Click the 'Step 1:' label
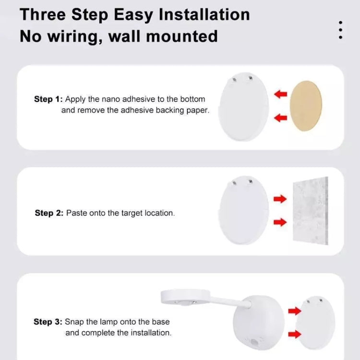point(48,99)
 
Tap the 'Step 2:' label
point(48,213)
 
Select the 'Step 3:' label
point(48,322)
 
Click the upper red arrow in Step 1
point(280,95)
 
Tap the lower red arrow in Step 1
point(280,117)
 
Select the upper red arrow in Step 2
point(280,199)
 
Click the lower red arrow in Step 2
point(280,222)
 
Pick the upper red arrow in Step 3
point(294,312)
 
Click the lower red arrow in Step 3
point(294,334)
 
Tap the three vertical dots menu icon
point(340,30)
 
